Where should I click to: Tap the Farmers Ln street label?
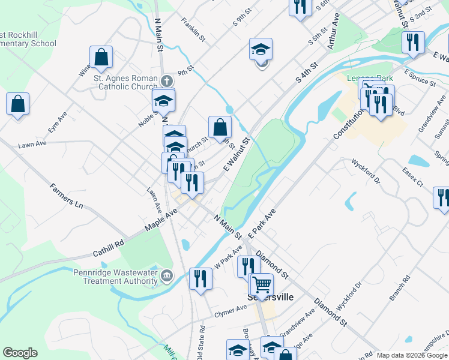(67, 194)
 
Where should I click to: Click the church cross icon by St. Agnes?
(167, 80)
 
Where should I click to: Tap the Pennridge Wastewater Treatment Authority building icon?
(167, 276)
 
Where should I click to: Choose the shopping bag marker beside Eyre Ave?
(18, 103)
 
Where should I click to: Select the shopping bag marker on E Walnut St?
(220, 126)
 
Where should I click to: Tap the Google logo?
(20, 353)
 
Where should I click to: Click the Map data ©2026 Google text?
(412, 355)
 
